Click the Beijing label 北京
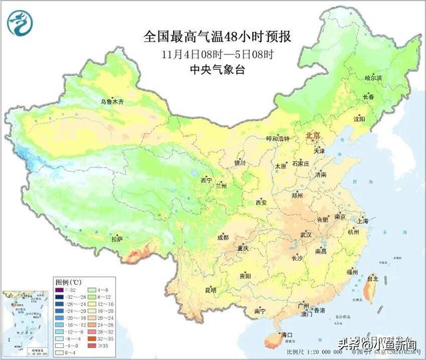[312, 136]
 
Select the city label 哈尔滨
[373, 78]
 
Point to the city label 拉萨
[116, 238]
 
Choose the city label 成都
[222, 237]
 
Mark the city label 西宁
[206, 180]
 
